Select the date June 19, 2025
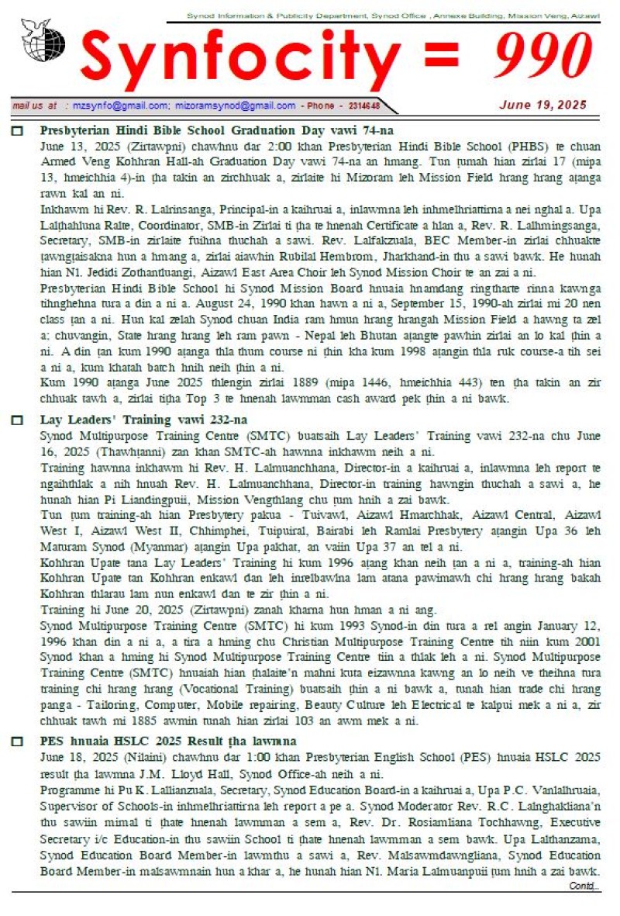[542, 105]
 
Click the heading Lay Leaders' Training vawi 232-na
[143, 420]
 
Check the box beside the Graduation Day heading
[17, 131]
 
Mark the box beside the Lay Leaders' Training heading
[17, 420]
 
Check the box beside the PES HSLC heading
[17, 742]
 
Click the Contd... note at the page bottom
[584, 885]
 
